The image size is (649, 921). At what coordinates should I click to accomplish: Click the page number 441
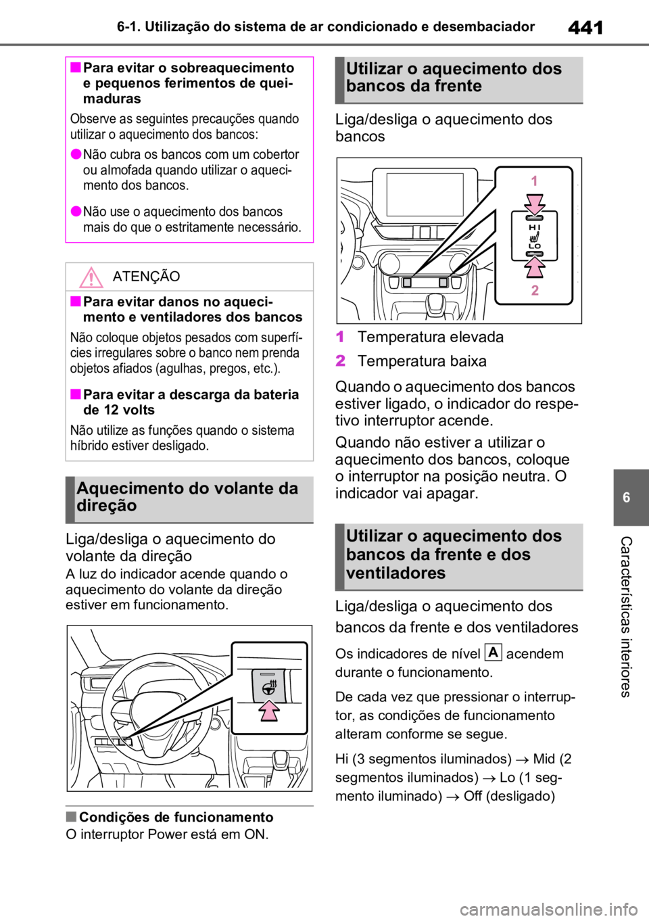point(585,28)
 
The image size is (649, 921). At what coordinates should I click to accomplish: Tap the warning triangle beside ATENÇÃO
point(91,277)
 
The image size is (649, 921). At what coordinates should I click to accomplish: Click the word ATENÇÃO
point(146,277)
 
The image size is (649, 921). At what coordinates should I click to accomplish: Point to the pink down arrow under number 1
point(534,204)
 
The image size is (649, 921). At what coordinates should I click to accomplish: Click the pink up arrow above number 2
point(534,267)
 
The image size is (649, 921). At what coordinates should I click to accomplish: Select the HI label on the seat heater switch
point(534,227)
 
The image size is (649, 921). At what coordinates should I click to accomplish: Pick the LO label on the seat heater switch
point(534,246)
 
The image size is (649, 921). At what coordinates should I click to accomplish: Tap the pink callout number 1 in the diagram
point(534,181)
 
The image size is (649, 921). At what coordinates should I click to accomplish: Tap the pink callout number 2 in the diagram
point(534,290)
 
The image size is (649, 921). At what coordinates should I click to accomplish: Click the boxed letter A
point(494,653)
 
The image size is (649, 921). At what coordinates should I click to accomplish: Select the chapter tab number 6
point(626,498)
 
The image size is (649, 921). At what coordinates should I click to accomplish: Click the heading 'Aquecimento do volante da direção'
point(187,497)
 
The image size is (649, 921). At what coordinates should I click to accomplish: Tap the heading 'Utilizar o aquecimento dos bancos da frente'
point(454,77)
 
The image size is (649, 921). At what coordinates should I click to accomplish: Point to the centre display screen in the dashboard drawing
point(425,195)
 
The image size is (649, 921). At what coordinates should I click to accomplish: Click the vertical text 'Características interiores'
point(625,617)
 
